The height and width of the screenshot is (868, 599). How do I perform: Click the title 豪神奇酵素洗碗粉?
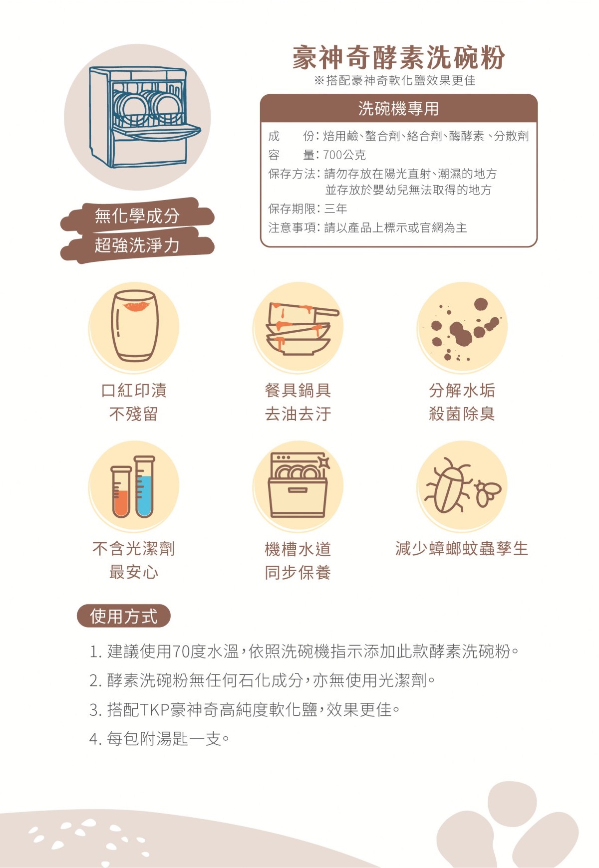[399, 58]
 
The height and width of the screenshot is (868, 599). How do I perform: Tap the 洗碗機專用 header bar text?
[398, 108]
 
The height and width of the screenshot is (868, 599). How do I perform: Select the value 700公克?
[344, 155]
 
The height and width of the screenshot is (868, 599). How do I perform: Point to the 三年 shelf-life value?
[335, 209]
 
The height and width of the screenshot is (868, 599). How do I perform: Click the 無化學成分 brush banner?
[137, 216]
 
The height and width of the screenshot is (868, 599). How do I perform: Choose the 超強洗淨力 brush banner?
[137, 245]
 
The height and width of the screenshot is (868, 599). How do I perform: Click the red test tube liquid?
[121, 503]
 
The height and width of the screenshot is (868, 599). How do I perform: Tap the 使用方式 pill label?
[124, 616]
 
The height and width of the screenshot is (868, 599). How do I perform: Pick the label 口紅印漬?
[134, 390]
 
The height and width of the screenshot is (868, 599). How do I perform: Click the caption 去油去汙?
[298, 414]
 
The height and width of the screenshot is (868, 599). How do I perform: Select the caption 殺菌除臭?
[462, 414]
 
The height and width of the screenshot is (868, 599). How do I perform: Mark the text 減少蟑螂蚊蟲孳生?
[462, 549]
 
